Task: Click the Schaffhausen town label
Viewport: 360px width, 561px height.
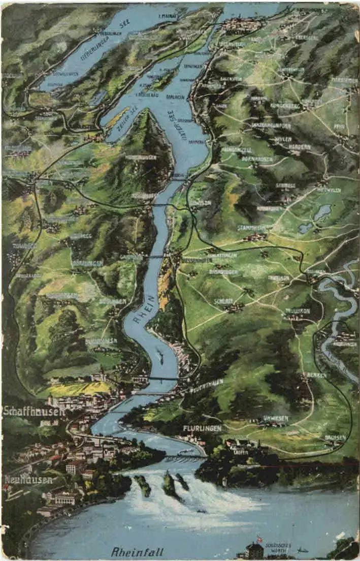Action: (34, 411)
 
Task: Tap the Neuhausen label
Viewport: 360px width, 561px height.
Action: (28, 479)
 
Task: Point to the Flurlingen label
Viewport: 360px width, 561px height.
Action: (202, 428)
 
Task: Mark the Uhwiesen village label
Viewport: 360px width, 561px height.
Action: (276, 418)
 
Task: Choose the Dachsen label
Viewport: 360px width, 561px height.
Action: (335, 437)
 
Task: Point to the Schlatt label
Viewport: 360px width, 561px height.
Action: (223, 301)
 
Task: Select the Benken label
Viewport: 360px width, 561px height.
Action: (316, 375)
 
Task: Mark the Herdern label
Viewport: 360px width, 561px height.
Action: (300, 146)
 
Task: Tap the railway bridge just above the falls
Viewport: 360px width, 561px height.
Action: (185, 457)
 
